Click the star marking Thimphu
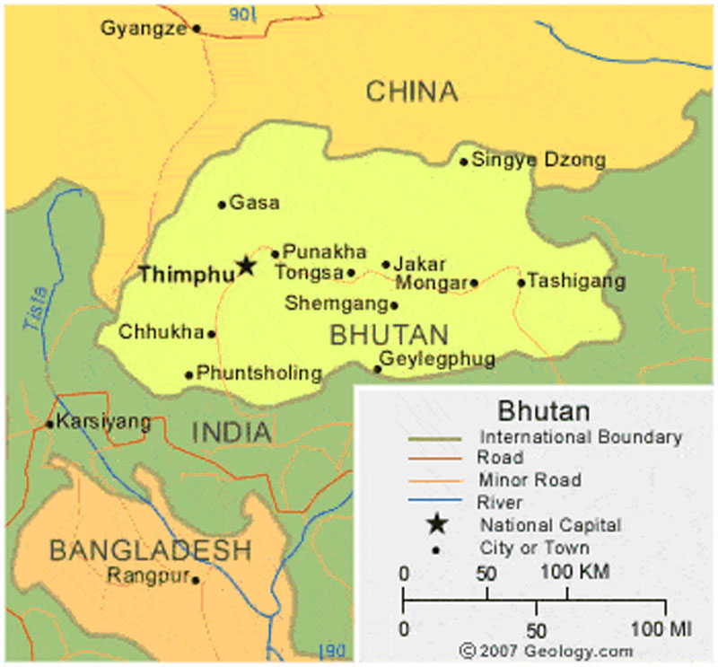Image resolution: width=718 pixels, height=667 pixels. tap(245, 266)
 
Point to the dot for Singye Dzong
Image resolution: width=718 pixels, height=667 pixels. tap(463, 162)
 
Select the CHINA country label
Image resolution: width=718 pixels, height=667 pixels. tap(412, 91)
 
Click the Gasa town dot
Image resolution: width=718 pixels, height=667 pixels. tap(222, 205)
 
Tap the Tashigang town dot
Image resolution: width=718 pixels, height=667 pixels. tap(521, 283)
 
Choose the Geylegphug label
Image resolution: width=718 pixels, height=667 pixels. tap(438, 359)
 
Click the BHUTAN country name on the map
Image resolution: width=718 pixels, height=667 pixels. tap(389, 335)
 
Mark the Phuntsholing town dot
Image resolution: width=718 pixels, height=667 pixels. tap(188, 375)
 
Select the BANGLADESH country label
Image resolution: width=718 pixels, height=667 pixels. tap(150, 549)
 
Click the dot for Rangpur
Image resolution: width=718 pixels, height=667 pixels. tap(196, 580)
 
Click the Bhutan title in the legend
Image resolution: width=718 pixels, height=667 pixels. tap(544, 411)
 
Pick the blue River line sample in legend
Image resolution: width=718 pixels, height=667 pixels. tap(435, 502)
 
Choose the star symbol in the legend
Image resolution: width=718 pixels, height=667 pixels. tap(436, 523)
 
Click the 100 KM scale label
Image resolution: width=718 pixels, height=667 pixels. tap(575, 572)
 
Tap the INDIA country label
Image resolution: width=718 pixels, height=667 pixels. tap(232, 433)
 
